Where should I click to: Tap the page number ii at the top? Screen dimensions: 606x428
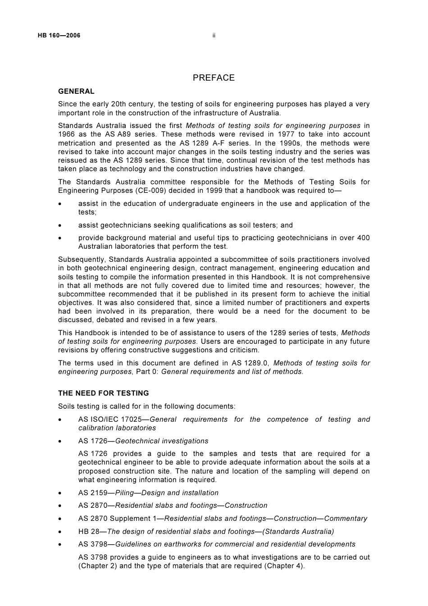pyautogui.click(x=214, y=36)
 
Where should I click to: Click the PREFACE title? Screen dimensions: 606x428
pyautogui.click(x=214, y=78)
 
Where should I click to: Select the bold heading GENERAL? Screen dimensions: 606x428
pyautogui.click(x=76, y=91)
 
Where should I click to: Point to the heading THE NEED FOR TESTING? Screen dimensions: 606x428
pyautogui.click(x=103, y=393)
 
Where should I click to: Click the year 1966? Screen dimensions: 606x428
pyautogui.click(x=67, y=134)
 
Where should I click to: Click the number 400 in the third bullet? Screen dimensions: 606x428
pyautogui.click(x=363, y=238)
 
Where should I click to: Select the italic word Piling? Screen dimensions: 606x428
pyautogui.click(x=125, y=493)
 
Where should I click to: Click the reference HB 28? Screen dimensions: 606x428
pyautogui.click(x=88, y=532)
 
